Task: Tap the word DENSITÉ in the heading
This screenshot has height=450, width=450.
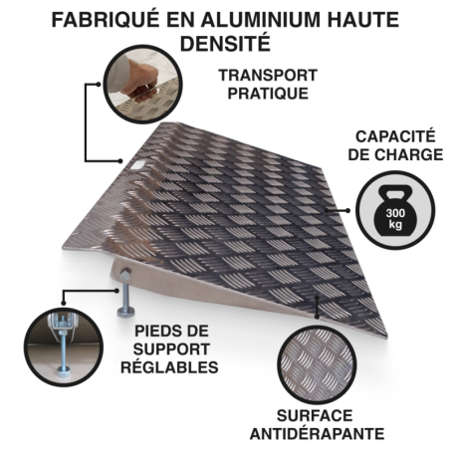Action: (225, 43)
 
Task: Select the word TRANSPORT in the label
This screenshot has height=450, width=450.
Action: (268, 76)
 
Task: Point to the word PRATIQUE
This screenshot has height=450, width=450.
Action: (268, 94)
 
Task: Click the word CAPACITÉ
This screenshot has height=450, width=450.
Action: (395, 136)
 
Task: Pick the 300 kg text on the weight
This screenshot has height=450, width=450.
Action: (395, 218)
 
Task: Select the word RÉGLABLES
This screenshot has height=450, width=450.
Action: (169, 367)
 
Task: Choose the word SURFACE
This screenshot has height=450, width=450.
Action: (315, 416)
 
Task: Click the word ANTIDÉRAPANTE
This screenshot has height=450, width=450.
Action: (318, 434)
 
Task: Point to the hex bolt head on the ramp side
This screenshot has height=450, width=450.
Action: (125, 274)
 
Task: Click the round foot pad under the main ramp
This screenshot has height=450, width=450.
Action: (126, 312)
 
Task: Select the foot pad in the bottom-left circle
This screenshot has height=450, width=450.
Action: (64, 372)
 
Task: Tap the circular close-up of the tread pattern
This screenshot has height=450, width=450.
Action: (317, 364)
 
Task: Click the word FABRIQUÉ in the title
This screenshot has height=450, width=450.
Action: (106, 21)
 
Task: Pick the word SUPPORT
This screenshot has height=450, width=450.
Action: (171, 349)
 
